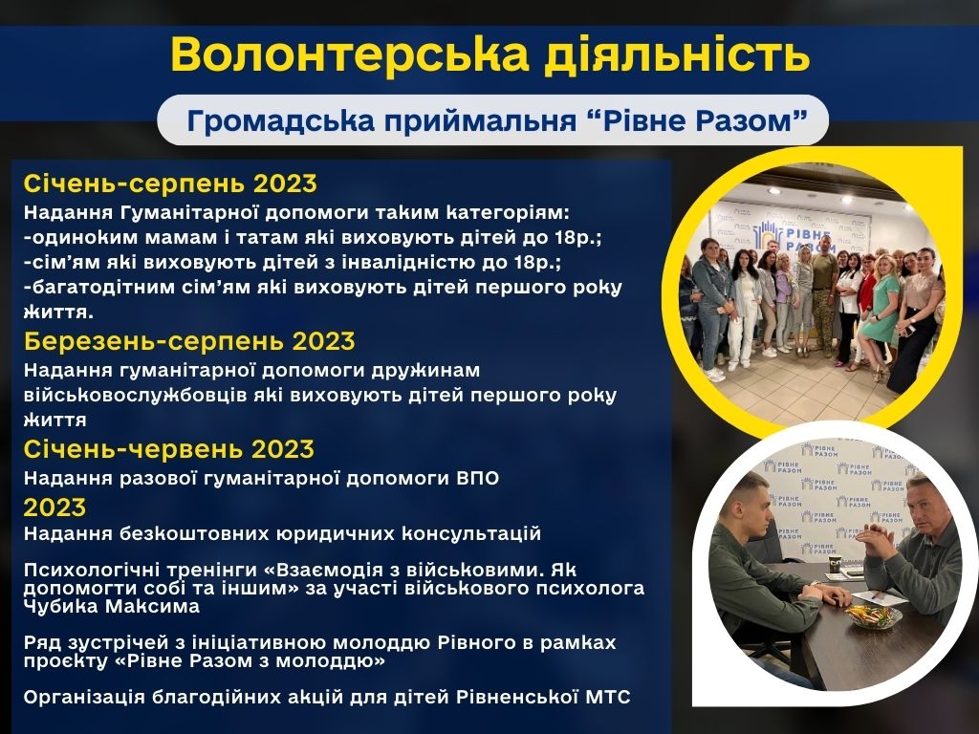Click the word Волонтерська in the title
pos(350,54)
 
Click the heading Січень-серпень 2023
pos(170,183)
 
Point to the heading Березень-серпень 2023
pos(189,341)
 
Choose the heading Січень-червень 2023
pos(168,449)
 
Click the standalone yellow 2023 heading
pos(54,507)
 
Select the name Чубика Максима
pos(112,606)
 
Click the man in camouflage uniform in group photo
pos(824,293)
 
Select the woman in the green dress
pos(880,313)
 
